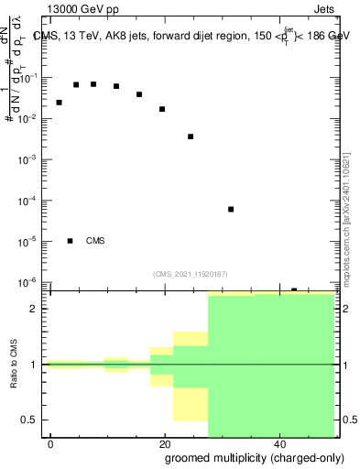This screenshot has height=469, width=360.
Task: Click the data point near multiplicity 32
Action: tap(231, 209)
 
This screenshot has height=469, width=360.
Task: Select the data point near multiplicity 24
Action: tap(191, 136)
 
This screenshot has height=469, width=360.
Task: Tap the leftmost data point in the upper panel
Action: tap(60, 103)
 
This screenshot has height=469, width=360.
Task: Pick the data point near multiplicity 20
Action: tap(162, 109)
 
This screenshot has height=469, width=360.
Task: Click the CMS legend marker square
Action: tap(70, 241)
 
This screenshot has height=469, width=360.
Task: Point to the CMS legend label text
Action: tap(95, 241)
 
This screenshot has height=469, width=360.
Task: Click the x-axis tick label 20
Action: tap(165, 444)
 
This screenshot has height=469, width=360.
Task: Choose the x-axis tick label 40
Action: tap(278, 444)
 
